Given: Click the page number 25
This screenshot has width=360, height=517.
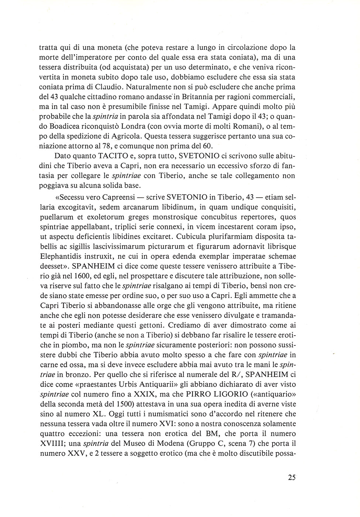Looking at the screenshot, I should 291,477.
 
